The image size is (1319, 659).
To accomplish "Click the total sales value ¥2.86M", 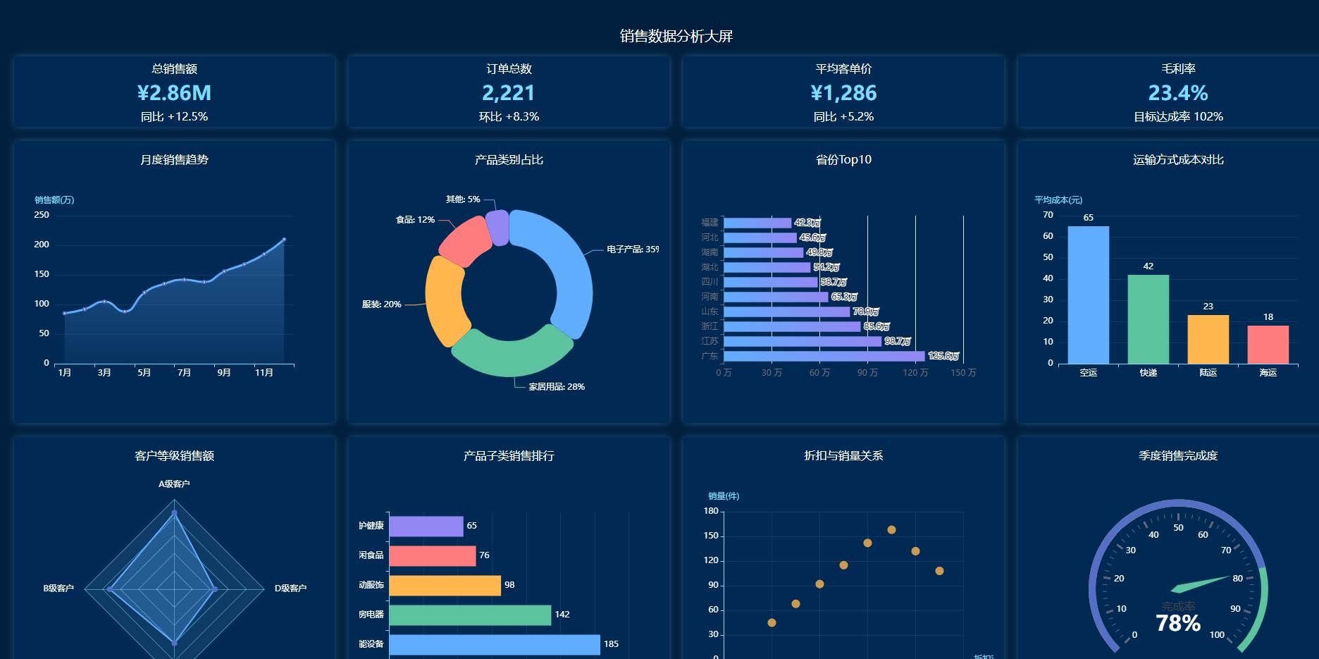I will pyautogui.click(x=174, y=93).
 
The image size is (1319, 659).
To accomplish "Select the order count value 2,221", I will pyautogui.click(x=509, y=93).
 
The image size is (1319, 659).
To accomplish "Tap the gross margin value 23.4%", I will pyautogui.click(x=1178, y=93).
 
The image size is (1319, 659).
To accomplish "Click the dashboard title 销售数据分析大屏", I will pyautogui.click(x=676, y=37).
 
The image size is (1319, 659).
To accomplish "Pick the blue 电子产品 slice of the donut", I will pyautogui.click(x=571, y=275).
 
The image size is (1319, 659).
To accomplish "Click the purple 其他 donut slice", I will pyautogui.click(x=497, y=227).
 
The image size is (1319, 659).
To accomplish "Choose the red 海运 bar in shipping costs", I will pyautogui.click(x=1268, y=345).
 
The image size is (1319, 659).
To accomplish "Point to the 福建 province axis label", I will pyautogui.click(x=710, y=223).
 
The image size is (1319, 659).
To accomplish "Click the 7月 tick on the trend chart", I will pyautogui.click(x=184, y=373).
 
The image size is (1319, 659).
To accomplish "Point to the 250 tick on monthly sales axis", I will pyautogui.click(x=42, y=215).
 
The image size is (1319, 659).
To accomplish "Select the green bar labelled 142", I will pyautogui.click(x=470, y=615).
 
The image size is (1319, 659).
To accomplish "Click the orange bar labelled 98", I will pyautogui.click(x=445, y=585).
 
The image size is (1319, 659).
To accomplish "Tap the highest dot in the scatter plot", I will pyautogui.click(x=891, y=530).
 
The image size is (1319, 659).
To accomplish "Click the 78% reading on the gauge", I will pyautogui.click(x=1178, y=623).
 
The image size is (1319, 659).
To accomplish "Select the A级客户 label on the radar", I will pyautogui.click(x=174, y=484).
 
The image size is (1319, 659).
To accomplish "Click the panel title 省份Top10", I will pyautogui.click(x=843, y=160).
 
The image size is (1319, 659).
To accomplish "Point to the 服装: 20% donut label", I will pyautogui.click(x=381, y=304).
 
